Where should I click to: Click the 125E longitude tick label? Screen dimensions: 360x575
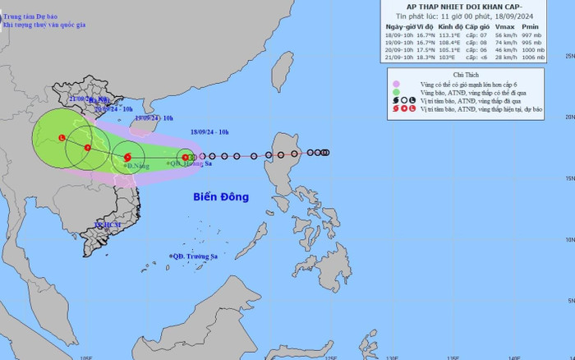click(331, 357)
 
